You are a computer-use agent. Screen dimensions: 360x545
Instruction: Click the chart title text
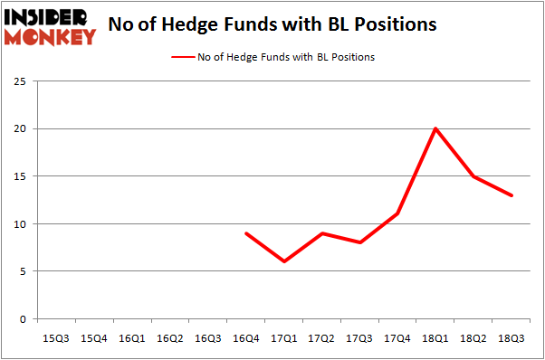click(272, 24)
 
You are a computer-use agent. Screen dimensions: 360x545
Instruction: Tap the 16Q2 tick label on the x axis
click(169, 337)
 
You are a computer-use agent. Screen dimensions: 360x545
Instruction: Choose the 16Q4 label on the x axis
click(246, 337)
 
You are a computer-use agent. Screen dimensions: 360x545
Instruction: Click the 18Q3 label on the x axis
click(512, 337)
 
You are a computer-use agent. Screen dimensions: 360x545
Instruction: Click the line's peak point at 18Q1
click(435, 128)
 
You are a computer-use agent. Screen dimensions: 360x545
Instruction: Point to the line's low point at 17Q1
click(284, 261)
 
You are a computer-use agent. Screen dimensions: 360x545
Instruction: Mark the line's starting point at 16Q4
click(246, 233)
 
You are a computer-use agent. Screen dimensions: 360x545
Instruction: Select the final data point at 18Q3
click(512, 195)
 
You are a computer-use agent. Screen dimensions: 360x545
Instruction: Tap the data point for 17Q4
click(397, 214)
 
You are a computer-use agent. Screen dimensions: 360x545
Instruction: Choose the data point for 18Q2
click(473, 176)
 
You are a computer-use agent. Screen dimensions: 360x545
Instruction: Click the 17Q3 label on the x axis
click(359, 337)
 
